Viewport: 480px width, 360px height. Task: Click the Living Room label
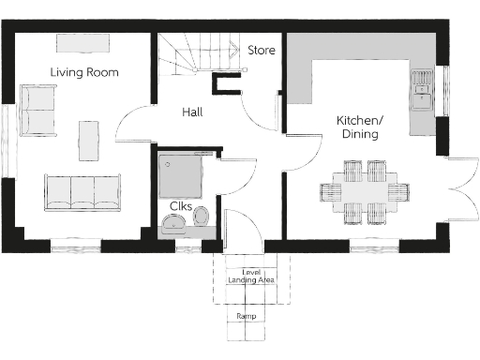84,72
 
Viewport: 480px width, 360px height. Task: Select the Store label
262,50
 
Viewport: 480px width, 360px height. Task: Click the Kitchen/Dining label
360,127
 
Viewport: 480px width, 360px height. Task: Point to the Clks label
181,206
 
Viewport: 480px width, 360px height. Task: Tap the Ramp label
246,317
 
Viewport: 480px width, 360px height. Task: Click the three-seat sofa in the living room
82,192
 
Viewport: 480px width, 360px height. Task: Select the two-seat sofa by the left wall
37,110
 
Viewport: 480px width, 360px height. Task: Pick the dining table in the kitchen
364,192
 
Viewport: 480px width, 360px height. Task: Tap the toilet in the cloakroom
199,218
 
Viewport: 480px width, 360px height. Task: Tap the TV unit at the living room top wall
82,43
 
